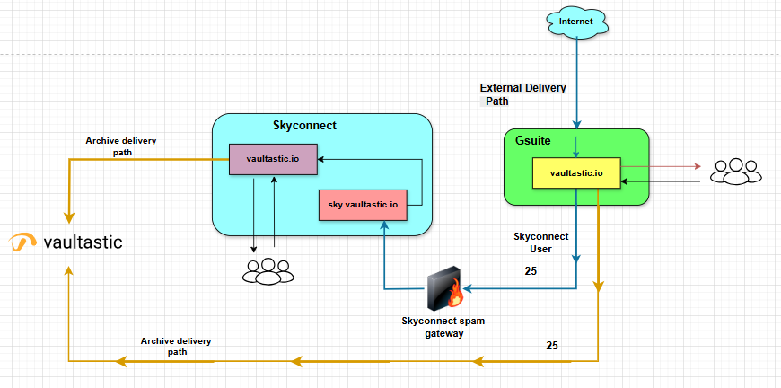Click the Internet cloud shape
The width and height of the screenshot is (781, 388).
point(576,21)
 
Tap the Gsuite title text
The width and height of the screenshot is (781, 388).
point(534,143)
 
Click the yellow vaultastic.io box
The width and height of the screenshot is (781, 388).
point(575,172)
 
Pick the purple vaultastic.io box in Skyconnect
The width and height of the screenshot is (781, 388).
point(273,159)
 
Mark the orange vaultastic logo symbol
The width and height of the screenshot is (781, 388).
point(22,241)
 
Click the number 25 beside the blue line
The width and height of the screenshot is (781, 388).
point(531,270)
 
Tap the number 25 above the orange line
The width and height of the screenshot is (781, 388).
point(552,346)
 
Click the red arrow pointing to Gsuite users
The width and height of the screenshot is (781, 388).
point(660,166)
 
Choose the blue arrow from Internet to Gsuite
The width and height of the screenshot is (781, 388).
point(576,81)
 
